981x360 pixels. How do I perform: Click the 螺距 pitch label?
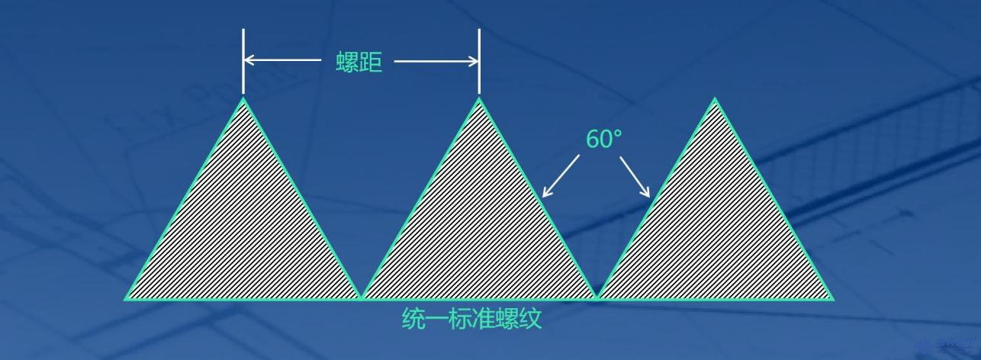pos(359,62)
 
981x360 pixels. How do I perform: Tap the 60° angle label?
pos(603,139)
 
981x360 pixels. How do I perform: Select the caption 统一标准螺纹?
pos(471,318)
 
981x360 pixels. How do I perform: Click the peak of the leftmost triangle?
pos(243,98)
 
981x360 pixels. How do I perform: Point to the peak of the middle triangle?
pos(479,98)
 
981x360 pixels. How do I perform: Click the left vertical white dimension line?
pos(243,61)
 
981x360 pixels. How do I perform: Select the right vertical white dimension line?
pos(479,61)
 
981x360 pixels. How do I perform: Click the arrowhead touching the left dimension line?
pos(249,61)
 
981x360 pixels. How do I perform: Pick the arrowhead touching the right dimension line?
pos(473,61)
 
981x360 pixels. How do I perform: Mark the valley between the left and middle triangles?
pos(361,296)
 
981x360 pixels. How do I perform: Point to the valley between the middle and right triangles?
pos(597,296)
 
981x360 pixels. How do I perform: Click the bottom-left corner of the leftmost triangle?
pos(126,298)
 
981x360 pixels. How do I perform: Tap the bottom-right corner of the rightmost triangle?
pos(833,298)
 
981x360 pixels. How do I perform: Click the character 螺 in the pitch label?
pos(348,62)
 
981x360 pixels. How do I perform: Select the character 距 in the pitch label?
pos(371,62)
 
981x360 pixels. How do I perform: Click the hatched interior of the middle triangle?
pos(479,229)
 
